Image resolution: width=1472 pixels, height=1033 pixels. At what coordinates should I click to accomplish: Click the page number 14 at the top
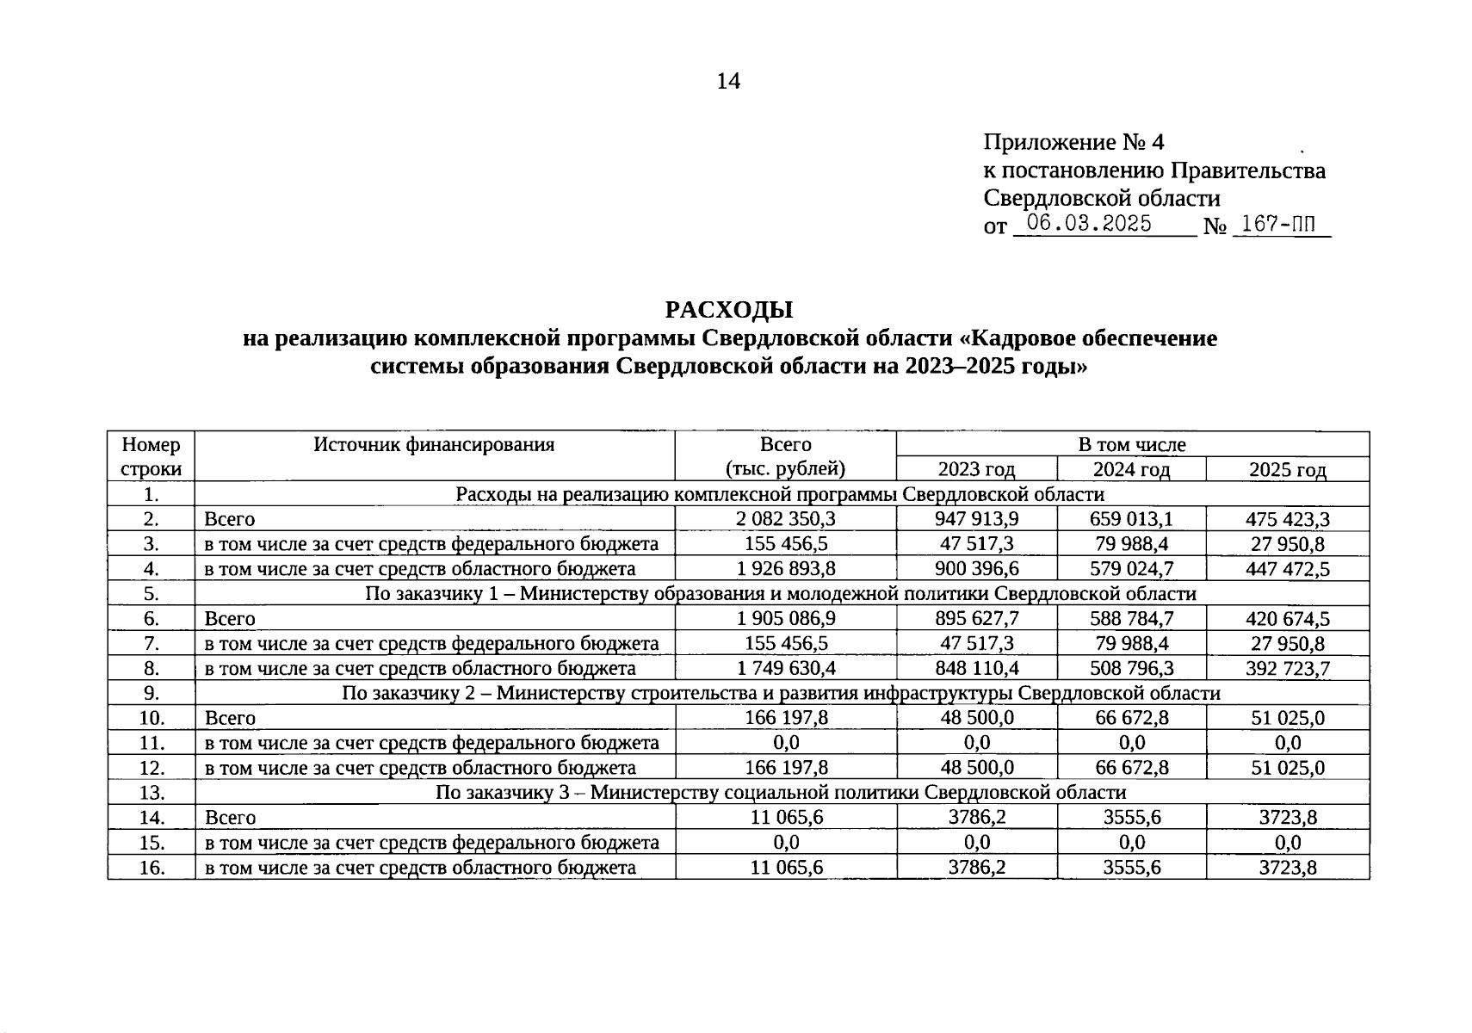click(727, 81)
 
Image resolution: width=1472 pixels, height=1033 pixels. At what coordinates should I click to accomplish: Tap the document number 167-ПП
click(1279, 225)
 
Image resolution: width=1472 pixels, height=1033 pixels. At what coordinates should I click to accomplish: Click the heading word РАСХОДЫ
click(728, 310)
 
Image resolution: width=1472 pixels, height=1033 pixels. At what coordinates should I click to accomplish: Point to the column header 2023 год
click(976, 469)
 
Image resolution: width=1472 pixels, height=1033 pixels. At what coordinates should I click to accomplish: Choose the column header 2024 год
click(1131, 469)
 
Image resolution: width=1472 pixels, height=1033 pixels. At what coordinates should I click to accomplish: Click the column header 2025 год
click(1287, 469)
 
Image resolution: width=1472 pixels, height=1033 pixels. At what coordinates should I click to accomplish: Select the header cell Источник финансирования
click(434, 445)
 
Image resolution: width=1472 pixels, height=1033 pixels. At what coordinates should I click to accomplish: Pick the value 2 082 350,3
click(786, 519)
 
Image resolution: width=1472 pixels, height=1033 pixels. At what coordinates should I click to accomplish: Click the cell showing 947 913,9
click(976, 519)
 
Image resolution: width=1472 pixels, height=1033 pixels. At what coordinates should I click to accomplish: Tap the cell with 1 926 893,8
click(786, 569)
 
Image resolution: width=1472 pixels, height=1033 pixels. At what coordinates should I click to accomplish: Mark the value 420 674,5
click(1287, 619)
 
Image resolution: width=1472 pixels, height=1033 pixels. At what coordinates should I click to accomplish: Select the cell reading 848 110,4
click(976, 669)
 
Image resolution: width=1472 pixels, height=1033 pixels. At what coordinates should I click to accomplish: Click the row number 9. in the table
click(152, 694)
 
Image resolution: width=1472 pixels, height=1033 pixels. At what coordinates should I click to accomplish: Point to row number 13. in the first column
click(152, 793)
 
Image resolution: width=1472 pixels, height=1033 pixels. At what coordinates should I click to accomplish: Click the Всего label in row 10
click(230, 719)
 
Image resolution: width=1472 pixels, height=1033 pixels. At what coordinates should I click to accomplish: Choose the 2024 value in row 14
click(1131, 818)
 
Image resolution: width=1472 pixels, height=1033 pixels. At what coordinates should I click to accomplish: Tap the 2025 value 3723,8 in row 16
click(1287, 868)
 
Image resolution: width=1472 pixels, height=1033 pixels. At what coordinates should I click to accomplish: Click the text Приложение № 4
click(1073, 142)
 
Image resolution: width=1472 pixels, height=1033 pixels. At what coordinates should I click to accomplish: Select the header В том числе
click(1131, 445)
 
